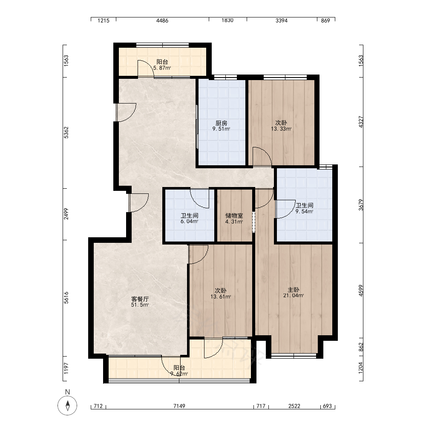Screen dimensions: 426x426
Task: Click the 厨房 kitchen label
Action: point(221,123)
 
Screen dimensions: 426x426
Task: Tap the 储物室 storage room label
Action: point(234,216)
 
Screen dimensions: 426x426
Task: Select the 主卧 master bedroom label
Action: point(294,290)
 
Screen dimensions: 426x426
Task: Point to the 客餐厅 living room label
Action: point(140,299)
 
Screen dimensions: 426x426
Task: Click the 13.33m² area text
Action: point(281,129)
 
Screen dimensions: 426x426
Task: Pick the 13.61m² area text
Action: point(221,296)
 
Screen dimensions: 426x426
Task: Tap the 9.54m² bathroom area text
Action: point(304,211)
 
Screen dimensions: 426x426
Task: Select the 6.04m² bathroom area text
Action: point(190,222)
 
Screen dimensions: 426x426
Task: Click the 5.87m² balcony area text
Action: point(162,68)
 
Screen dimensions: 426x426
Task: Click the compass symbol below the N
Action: point(67,406)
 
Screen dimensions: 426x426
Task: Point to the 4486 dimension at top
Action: point(162,20)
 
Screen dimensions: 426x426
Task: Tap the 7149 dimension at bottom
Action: point(179,406)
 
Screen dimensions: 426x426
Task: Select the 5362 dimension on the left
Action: point(66,132)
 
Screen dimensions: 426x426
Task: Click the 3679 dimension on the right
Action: point(361,205)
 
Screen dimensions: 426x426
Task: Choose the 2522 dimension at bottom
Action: point(294,406)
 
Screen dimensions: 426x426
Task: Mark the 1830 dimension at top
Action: point(227,20)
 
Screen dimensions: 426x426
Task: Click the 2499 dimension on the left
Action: point(66,214)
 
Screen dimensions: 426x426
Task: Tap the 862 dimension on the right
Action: point(361,347)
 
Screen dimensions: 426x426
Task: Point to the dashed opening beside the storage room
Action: point(254,222)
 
